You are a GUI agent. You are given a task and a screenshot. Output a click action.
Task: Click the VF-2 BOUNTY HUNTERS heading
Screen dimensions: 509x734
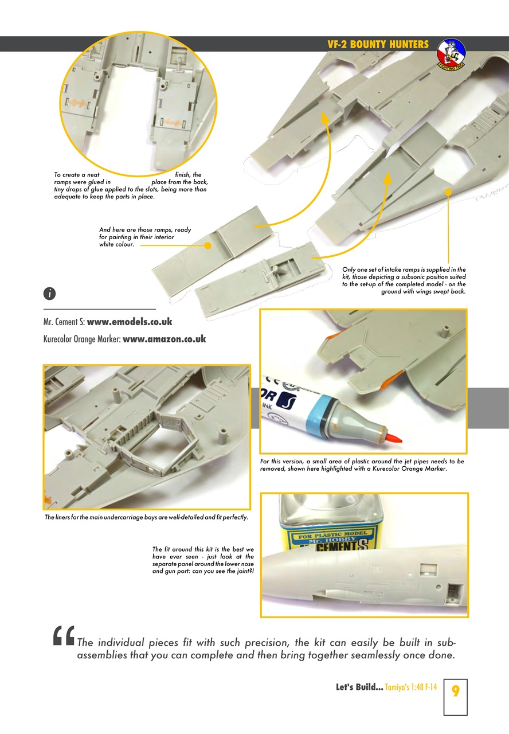[378, 44]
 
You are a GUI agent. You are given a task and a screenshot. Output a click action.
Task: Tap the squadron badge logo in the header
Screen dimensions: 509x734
[452, 54]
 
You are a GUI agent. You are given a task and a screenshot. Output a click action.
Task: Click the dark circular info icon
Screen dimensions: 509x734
[49, 293]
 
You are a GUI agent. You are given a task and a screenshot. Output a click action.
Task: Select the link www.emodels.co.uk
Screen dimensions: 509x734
[130, 322]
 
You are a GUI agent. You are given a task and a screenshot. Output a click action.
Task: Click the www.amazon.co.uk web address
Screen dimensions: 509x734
[164, 339]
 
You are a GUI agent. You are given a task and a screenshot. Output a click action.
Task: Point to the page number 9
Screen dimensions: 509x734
[455, 691]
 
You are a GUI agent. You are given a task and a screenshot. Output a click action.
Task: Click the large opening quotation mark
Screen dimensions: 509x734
[64, 636]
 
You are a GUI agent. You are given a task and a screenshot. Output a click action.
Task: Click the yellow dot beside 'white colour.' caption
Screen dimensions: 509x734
[207, 245]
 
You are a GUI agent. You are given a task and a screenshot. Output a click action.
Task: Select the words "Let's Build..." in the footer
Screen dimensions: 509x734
[359, 687]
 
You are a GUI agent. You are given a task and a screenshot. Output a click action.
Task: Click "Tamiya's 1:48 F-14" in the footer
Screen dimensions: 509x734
[411, 687]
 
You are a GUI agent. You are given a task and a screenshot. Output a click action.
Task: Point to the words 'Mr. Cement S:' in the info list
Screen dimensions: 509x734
[64, 322]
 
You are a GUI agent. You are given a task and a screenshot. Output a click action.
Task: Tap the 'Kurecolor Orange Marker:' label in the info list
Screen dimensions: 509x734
[82, 339]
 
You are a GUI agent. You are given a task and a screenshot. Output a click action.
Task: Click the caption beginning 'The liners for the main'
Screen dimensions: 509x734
[146, 517]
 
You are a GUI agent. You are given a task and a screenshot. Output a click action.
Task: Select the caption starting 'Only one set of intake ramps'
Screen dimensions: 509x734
[404, 280]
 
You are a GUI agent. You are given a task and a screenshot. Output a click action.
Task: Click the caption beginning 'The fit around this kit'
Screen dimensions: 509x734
[203, 560]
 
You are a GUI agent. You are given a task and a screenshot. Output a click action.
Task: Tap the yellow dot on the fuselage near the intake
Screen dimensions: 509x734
[448, 192]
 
